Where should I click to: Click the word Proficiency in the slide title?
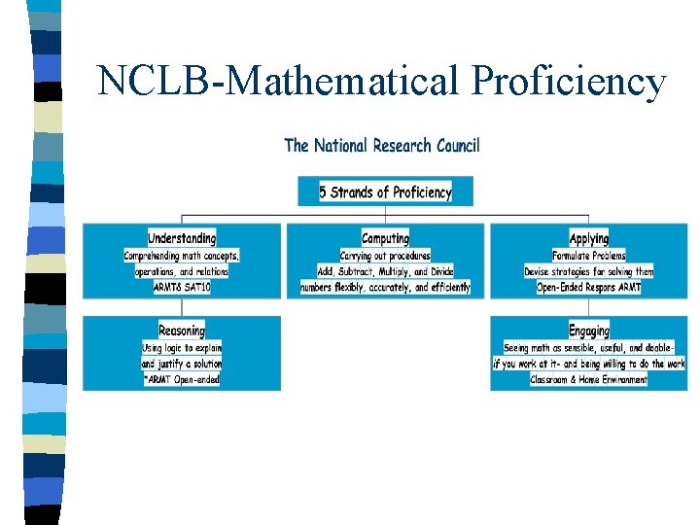569,82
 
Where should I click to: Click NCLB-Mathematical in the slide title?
281,82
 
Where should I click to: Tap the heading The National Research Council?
382,146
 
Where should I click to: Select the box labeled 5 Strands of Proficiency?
386,192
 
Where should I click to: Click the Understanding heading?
182,238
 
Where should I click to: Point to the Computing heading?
385,238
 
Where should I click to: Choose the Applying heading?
588,238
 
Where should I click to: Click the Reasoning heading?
182,331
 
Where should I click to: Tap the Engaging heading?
588,331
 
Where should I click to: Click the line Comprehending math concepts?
182,256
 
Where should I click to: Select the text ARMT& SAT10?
182,287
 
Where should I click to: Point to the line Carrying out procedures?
385,256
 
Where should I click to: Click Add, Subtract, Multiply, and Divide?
385,271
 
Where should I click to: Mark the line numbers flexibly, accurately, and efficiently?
385,287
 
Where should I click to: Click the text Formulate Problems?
588,256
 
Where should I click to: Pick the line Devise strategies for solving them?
588,271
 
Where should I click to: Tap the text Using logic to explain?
182,347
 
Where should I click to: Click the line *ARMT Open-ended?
182,379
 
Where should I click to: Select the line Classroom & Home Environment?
588,379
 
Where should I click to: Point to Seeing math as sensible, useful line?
588,347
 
